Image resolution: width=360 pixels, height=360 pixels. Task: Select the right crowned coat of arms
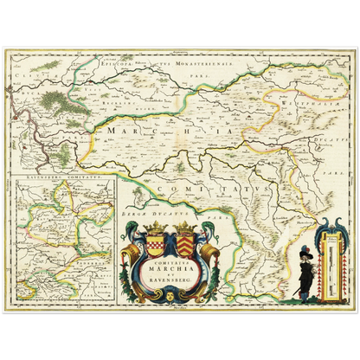pyautogui.click(x=185, y=235)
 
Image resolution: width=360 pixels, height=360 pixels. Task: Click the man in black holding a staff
pyautogui.click(x=310, y=260)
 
